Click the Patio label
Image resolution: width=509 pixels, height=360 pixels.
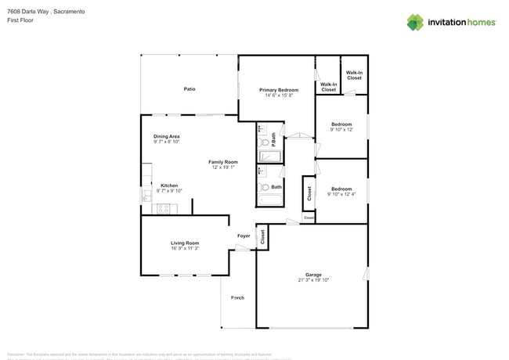[190, 89]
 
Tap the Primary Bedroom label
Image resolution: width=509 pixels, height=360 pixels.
[279, 90]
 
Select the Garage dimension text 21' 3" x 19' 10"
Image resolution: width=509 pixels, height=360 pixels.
[313, 279]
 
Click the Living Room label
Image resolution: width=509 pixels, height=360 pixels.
[185, 243]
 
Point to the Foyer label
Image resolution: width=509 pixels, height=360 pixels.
[244, 235]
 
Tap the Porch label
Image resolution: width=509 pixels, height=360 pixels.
[237, 298]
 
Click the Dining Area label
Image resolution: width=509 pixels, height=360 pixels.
[166, 136]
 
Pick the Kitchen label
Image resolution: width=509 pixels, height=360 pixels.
[169, 185]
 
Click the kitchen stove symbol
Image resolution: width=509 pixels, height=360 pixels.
[164, 208]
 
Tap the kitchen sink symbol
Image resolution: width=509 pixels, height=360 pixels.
[146, 195]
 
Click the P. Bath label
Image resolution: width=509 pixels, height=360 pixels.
[273, 139]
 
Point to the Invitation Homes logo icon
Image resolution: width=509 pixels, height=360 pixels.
[415, 22]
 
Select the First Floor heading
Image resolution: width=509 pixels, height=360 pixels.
[20, 21]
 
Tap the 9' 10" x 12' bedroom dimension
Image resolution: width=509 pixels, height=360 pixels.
[341, 130]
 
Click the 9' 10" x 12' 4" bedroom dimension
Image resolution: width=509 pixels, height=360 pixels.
[341, 194]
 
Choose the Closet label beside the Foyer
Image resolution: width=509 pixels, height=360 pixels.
[262, 236]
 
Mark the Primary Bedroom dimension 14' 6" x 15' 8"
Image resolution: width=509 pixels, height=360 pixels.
[279, 95]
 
